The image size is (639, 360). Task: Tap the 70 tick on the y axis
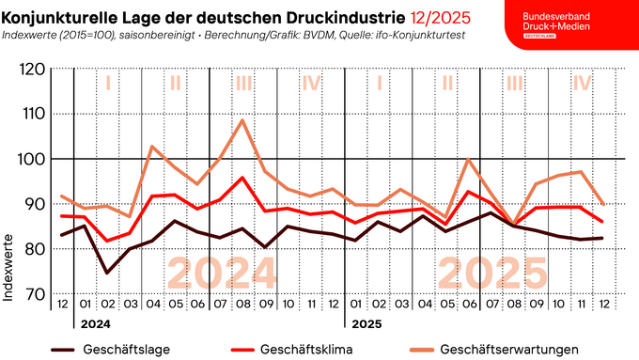(34, 294)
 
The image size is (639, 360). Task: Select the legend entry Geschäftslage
(118, 350)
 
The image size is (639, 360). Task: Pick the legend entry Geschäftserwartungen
(507, 350)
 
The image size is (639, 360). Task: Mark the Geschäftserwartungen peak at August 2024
(242, 119)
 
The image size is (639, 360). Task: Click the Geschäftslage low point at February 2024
(108, 273)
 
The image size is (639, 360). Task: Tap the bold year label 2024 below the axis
(95, 324)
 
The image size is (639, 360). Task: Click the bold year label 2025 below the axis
(366, 324)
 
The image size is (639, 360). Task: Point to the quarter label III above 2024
(243, 84)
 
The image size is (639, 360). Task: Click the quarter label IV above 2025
(582, 84)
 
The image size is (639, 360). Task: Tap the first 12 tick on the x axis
(62, 305)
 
